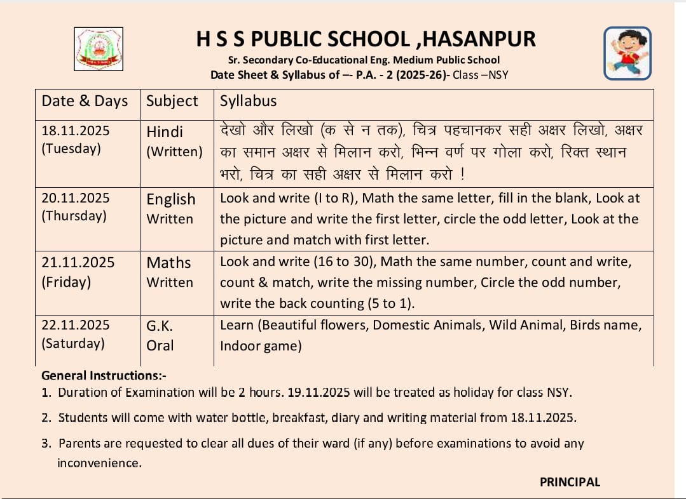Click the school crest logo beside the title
click(99, 48)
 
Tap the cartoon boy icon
click(627, 53)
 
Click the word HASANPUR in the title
click(479, 39)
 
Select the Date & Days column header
click(85, 101)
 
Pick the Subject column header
click(172, 101)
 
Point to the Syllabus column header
click(248, 101)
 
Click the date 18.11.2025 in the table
click(76, 131)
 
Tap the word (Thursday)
click(74, 216)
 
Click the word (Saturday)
click(73, 343)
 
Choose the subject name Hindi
click(165, 132)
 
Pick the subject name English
click(171, 199)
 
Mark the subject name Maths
click(168, 263)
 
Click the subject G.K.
click(160, 326)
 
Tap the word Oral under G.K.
click(160, 345)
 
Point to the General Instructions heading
click(104, 375)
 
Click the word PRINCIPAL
click(570, 482)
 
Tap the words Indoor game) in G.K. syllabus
click(261, 346)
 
